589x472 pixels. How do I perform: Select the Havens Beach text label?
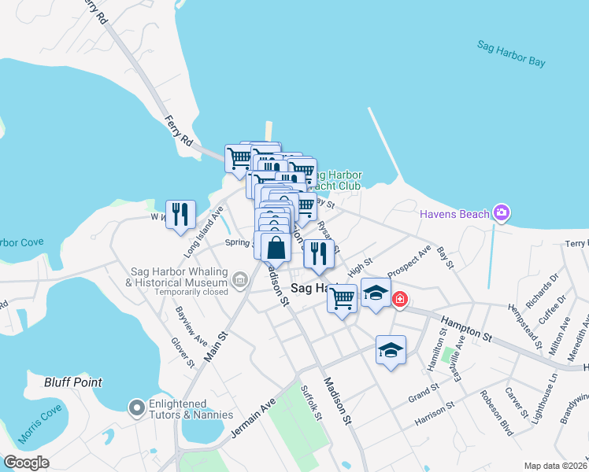click(455, 213)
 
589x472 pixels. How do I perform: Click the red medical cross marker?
click(400, 299)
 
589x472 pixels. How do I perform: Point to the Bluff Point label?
click(73, 382)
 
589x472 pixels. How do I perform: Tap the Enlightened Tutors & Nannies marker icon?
click(135, 407)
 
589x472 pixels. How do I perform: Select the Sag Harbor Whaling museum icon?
click(238, 277)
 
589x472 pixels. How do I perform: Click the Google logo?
click(26, 463)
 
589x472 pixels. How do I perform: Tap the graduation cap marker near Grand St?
click(391, 350)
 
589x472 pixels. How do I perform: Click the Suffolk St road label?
click(313, 401)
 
